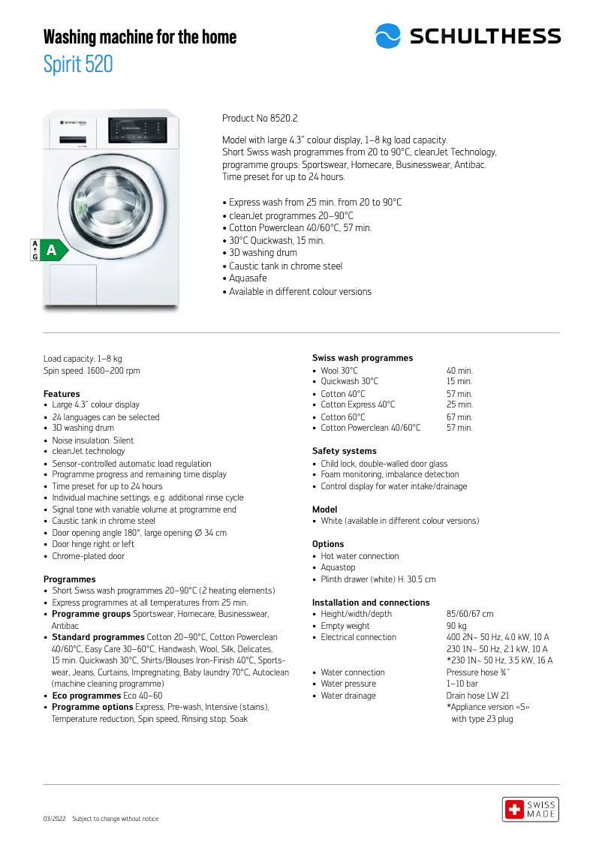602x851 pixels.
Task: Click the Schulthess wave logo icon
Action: (388, 36)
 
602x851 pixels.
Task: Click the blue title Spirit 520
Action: (78, 65)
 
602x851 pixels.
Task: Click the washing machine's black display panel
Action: (137, 131)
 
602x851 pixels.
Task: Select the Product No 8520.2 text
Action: (260, 119)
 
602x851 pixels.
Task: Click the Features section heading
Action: (62, 394)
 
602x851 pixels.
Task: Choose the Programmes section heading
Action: (70, 579)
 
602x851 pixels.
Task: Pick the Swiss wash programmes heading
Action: (363, 358)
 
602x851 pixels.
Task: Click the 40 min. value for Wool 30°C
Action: (459, 371)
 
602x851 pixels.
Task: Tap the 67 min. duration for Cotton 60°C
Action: (459, 417)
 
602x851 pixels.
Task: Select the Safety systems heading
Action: (345, 451)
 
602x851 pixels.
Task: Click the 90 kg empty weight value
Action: (456, 626)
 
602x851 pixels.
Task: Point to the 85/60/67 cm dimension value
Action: (470, 614)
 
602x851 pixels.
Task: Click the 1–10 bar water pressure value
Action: (462, 684)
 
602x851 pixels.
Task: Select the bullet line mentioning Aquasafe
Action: (248, 278)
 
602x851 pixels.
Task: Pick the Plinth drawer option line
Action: (378, 579)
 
